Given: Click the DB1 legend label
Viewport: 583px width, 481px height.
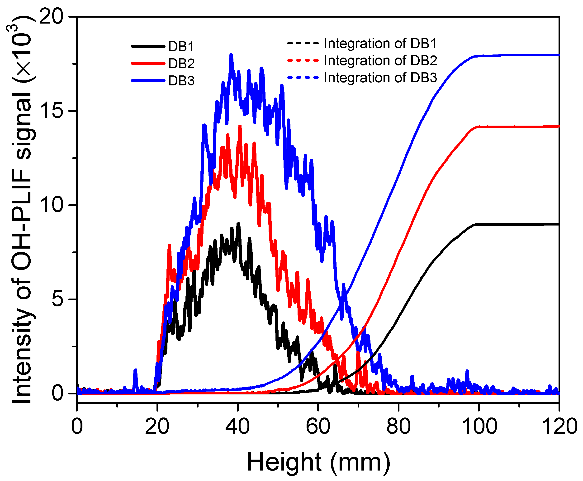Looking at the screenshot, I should coord(181,47).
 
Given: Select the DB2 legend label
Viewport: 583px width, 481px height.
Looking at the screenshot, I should coord(181,64).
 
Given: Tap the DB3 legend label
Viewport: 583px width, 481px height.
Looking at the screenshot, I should coord(181,81).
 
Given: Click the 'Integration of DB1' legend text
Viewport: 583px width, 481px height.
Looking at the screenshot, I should coord(380,44).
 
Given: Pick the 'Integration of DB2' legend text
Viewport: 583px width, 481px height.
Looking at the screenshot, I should coord(380,61).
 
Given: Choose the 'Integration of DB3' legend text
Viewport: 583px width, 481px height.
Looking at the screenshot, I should coord(380,78).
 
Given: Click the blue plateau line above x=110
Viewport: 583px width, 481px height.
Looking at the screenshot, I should coord(519,55).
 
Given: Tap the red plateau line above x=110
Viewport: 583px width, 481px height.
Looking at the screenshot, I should coord(519,127).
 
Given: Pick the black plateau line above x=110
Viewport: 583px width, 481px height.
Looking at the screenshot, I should coord(519,224).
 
